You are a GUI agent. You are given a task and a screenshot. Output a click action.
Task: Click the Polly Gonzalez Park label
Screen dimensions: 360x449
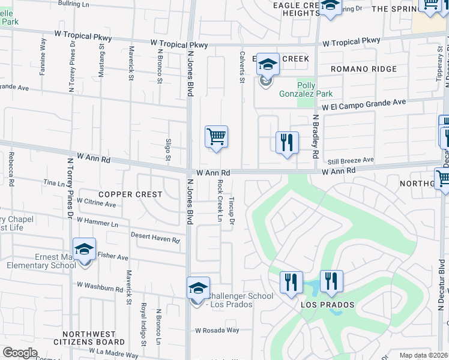coord(306,89)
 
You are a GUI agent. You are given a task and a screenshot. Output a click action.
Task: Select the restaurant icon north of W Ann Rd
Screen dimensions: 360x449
coord(287,142)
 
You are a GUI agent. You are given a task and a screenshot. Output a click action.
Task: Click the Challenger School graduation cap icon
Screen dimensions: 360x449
coord(198,288)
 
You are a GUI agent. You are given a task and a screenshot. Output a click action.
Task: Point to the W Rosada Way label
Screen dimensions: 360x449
coord(217,330)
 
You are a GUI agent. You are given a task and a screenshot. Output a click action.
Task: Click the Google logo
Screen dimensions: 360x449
coord(20,352)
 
